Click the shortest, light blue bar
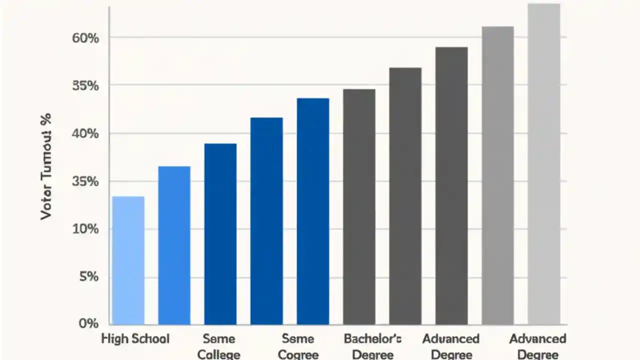point(128,260)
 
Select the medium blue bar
point(174,245)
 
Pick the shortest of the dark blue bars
point(220,234)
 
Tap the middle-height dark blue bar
point(266,221)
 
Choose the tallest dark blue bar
point(313,211)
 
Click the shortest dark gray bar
point(359,206)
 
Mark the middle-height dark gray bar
point(405,196)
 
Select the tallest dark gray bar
point(451,185)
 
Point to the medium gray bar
point(497,175)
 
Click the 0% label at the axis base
point(88,323)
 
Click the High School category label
point(135,338)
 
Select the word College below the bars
point(219,354)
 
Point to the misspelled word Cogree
point(298,354)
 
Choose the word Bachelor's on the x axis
point(372,338)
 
